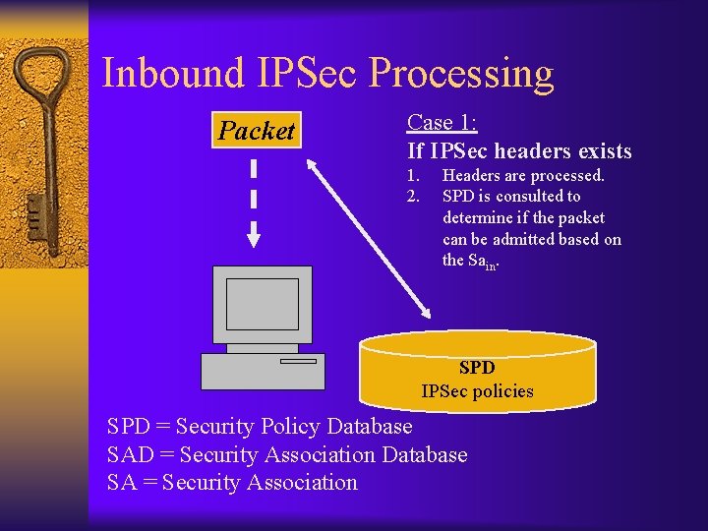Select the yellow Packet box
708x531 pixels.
pyautogui.click(x=257, y=131)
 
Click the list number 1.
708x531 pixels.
pyautogui.click(x=413, y=175)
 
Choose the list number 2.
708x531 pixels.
pyautogui.click(x=413, y=196)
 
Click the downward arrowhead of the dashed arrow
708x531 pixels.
pyautogui.click(x=254, y=237)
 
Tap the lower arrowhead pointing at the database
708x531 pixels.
pyautogui.click(x=425, y=312)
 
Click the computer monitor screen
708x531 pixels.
pyautogui.click(x=262, y=303)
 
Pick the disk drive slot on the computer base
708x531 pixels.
pyautogui.click(x=298, y=361)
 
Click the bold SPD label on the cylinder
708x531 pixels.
pyautogui.click(x=477, y=368)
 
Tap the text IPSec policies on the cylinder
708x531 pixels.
pyautogui.click(x=477, y=391)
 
